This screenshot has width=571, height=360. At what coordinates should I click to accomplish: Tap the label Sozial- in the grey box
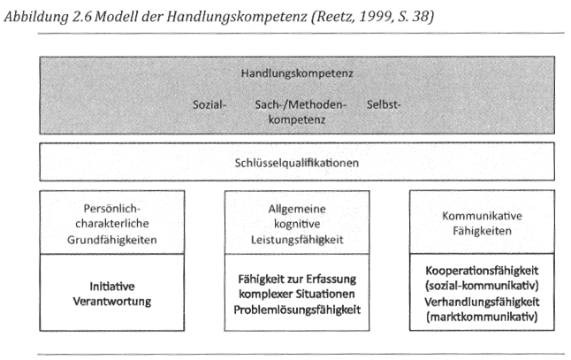[209, 105]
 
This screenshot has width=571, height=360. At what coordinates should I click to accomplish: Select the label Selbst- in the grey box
[385, 105]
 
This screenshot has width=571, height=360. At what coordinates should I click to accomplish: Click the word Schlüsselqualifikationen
[296, 163]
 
